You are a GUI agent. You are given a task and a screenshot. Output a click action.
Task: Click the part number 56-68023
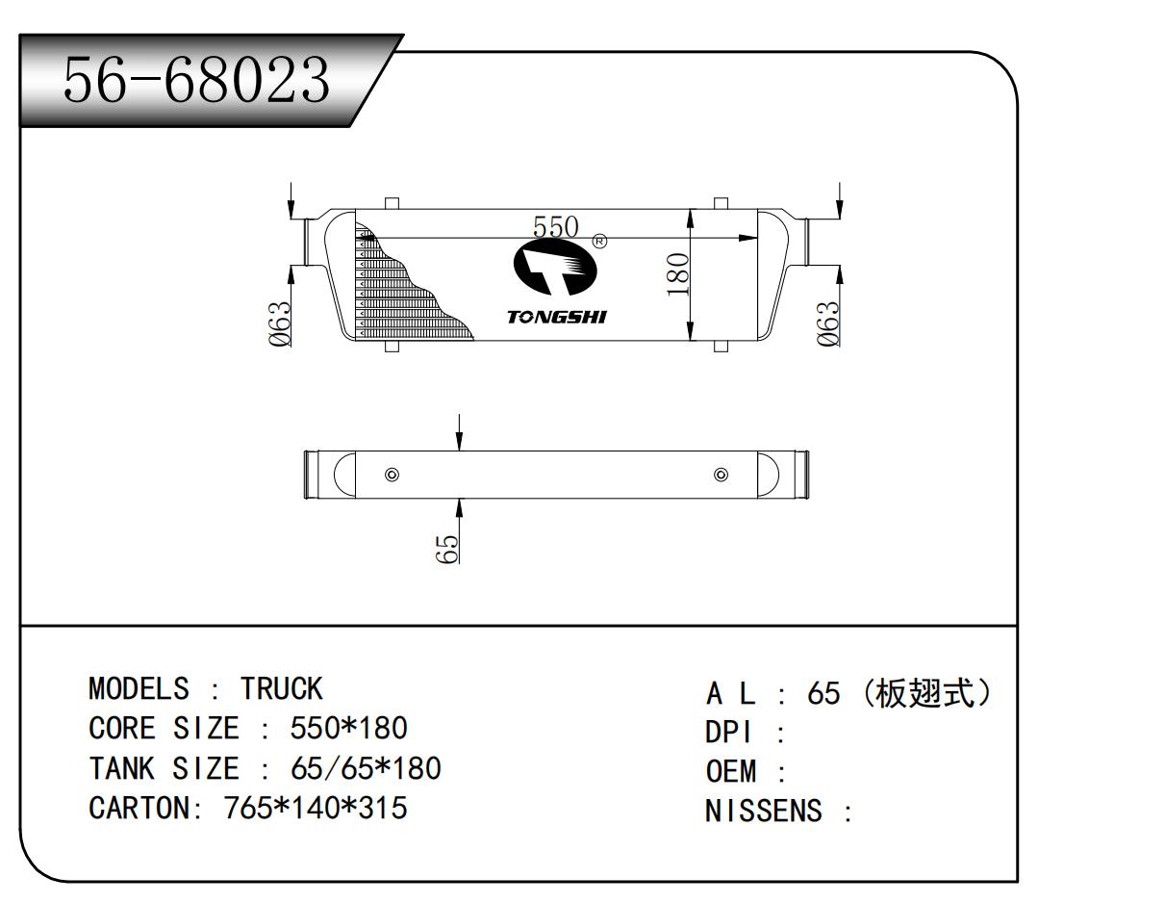[196, 81]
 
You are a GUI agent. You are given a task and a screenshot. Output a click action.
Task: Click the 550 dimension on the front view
[556, 227]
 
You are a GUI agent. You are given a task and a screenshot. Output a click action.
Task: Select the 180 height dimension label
[677, 273]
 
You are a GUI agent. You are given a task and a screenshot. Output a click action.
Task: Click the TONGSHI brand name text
[556, 318]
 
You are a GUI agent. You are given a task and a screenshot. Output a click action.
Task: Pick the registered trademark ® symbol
[599, 241]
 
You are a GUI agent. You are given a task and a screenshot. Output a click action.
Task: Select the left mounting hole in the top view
[392, 475]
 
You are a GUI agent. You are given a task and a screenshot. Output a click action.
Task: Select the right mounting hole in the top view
[722, 475]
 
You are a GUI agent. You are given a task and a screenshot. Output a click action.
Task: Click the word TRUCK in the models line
[281, 689]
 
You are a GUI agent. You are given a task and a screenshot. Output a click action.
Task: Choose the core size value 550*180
[349, 729]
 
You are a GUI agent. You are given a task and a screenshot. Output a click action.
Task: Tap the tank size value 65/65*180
[366, 768]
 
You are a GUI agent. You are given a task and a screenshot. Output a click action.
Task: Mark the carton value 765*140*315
[316, 808]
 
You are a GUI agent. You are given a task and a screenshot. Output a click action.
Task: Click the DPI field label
[729, 734]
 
